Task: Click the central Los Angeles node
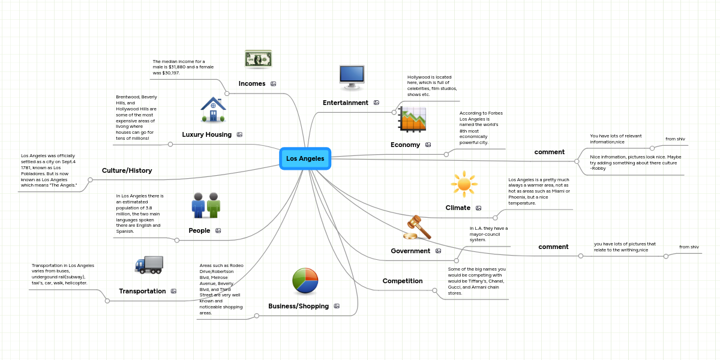coord(305,158)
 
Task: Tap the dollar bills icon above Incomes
coord(258,59)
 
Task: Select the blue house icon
coord(214,110)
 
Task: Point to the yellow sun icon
coord(464,184)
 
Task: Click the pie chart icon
coord(305,281)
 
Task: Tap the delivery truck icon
coord(149,264)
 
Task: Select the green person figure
coord(214,205)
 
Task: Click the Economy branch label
coord(405,145)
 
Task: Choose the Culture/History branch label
coord(127,170)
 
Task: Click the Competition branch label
coord(403,281)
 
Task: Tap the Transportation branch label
coord(142,291)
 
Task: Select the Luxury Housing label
coord(206,134)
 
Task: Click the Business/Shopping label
coord(298,306)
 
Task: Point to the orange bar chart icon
coord(413,119)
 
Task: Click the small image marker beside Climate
coord(478,208)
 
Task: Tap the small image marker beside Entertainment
coord(376,103)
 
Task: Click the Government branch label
coord(410,251)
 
